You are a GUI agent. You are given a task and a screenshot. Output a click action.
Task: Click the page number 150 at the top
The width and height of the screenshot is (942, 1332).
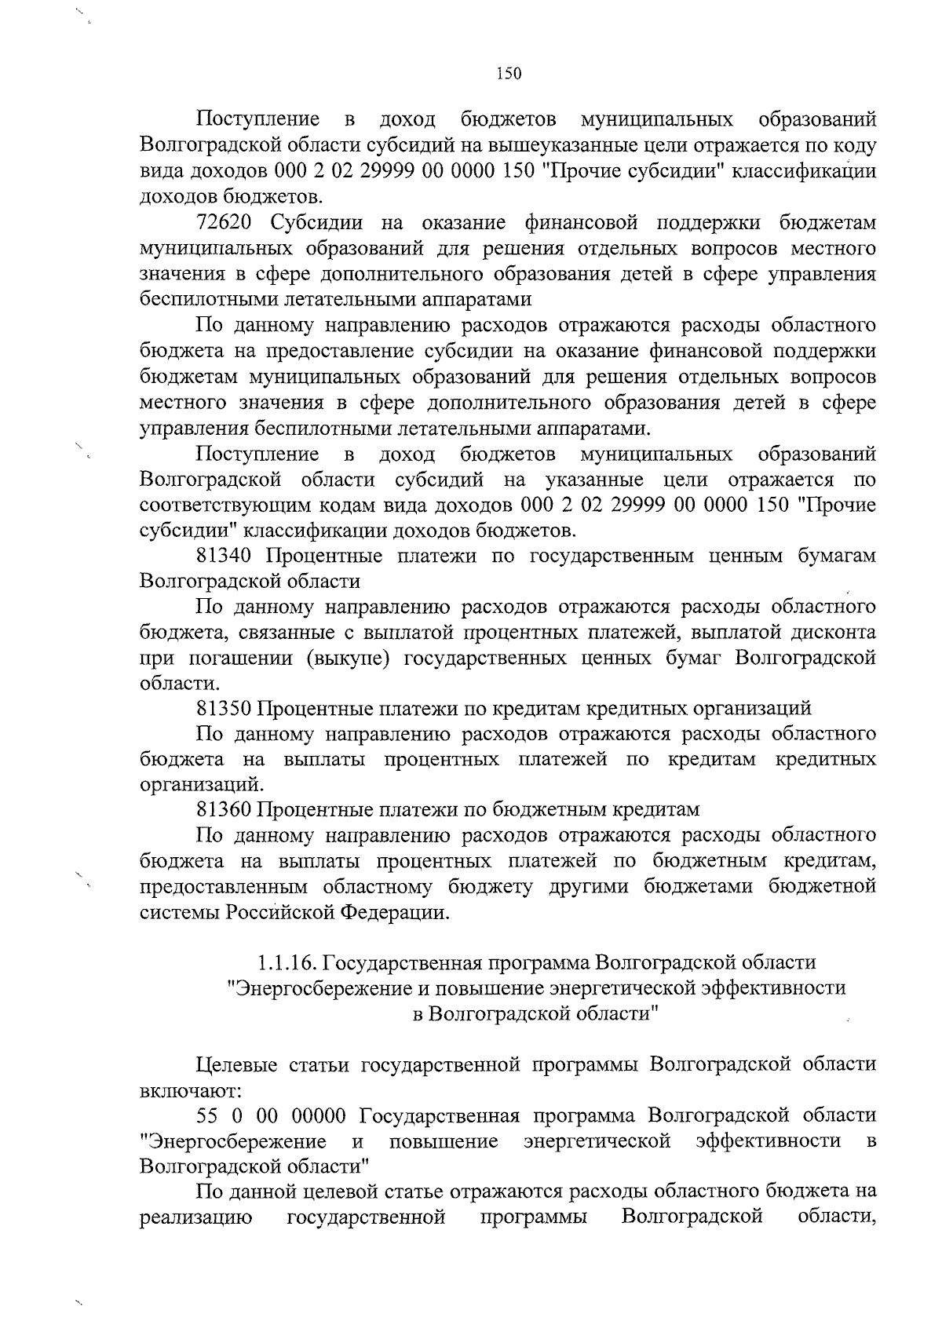click(x=509, y=74)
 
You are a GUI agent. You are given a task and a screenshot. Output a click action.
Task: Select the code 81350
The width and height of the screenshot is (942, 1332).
click(x=223, y=708)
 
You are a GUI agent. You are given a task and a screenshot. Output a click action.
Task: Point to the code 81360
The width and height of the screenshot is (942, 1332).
click(x=223, y=808)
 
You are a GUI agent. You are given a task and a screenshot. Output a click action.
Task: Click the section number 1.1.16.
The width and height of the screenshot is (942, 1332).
click(x=286, y=962)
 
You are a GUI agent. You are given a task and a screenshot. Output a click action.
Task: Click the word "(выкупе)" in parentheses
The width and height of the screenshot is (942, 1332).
click(x=349, y=658)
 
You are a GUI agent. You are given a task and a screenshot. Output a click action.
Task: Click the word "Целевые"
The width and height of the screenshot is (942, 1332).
click(x=234, y=1065)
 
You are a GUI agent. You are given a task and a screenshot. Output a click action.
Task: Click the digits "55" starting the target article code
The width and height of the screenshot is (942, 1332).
click(x=206, y=1115)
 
